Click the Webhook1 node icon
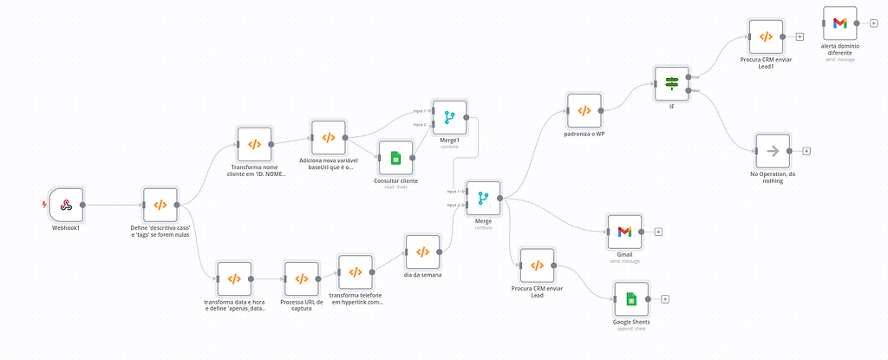tap(65, 206)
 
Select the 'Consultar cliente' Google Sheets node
tap(395, 158)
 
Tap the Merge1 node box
tap(449, 116)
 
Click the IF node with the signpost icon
tap(671, 83)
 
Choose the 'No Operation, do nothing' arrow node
tap(772, 151)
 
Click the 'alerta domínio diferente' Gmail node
tap(839, 23)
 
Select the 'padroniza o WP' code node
tap(584, 111)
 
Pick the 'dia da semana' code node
tap(422, 252)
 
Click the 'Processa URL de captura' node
tap(301, 278)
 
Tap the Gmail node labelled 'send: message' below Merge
tap(624, 232)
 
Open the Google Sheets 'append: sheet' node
tap(631, 299)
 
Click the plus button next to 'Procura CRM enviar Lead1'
tap(800, 36)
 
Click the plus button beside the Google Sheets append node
tap(665, 299)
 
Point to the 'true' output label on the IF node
tap(695, 76)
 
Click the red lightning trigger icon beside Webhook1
tap(44, 206)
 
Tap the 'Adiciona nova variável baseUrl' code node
tap(329, 137)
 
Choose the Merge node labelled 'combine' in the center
tap(482, 198)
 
